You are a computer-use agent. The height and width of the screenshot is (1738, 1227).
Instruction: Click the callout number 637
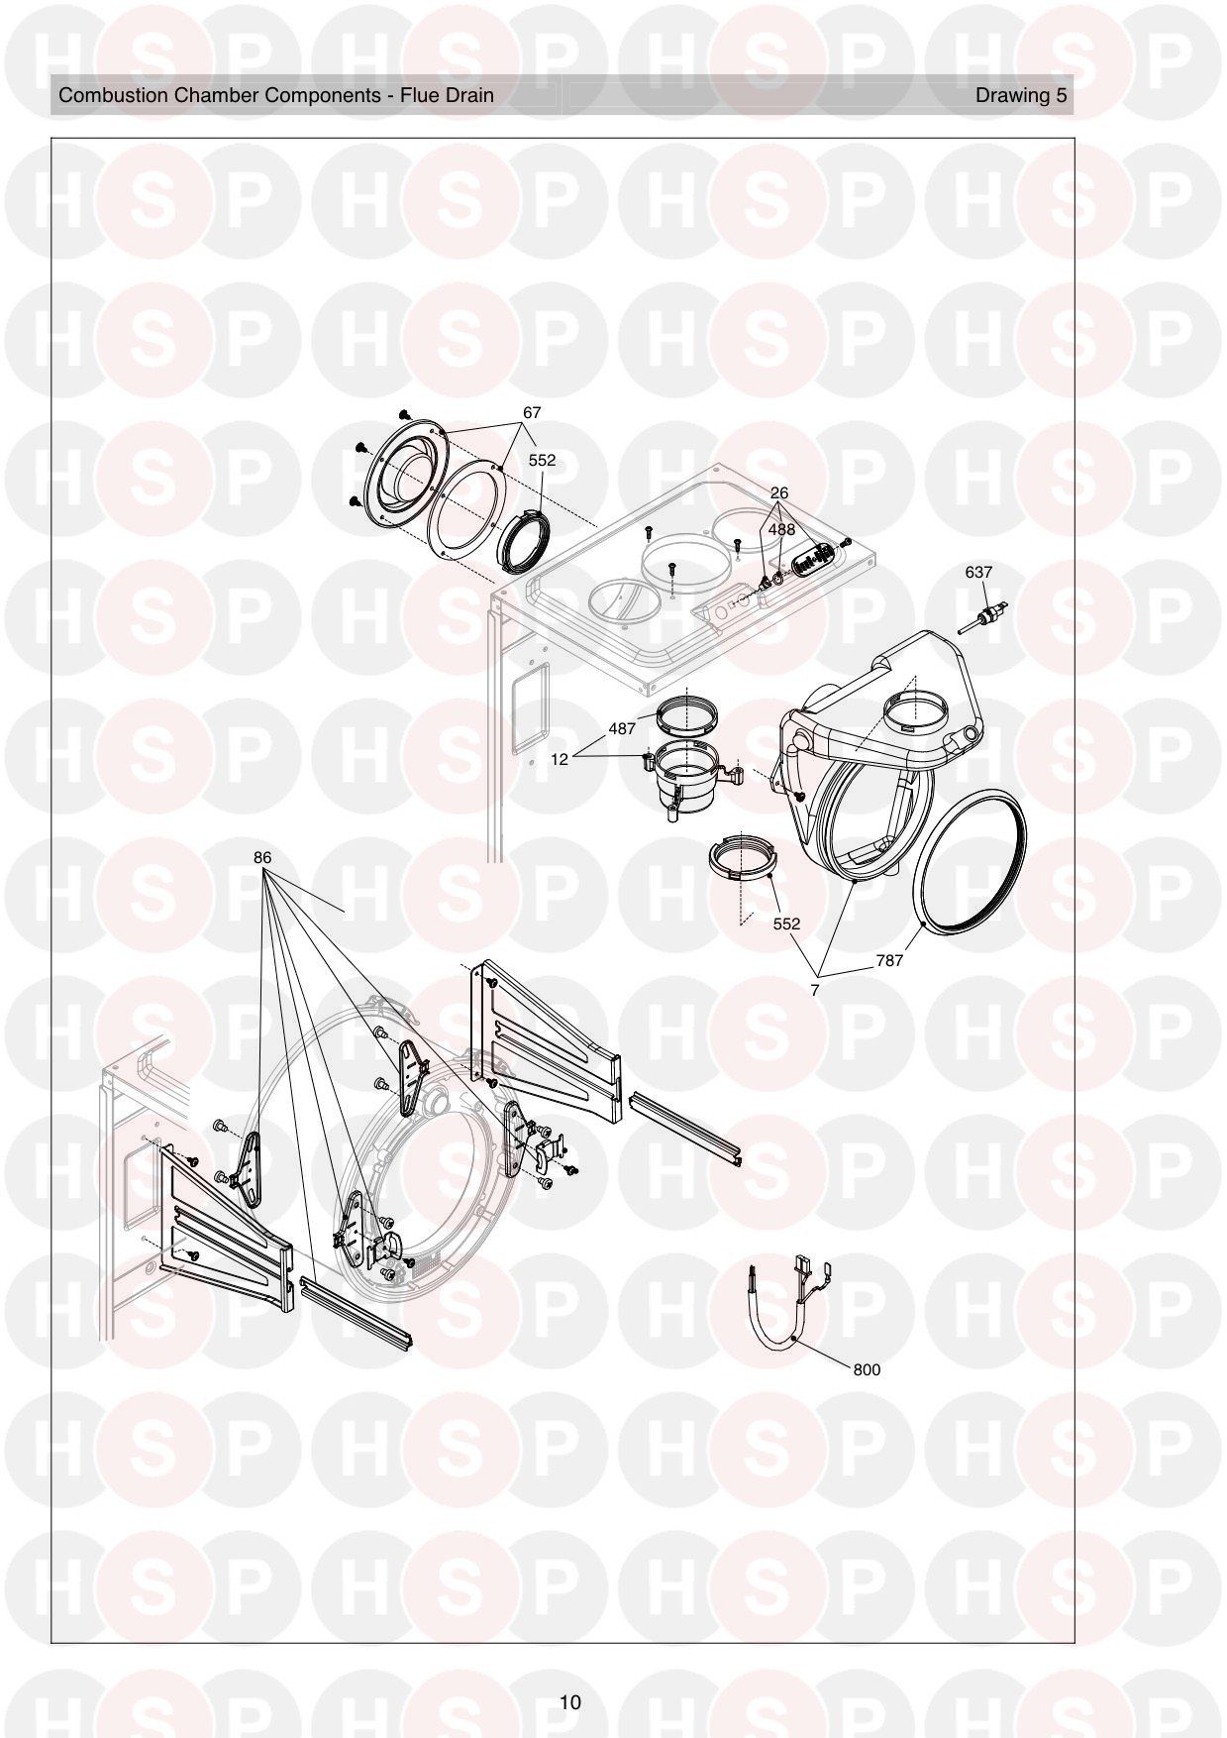click(x=977, y=572)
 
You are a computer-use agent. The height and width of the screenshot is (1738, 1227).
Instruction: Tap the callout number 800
click(x=866, y=1369)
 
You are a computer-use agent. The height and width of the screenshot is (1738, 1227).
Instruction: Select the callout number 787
click(x=889, y=960)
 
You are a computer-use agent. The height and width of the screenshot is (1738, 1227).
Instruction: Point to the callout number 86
click(x=262, y=857)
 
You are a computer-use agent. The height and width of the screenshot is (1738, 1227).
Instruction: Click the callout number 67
click(x=532, y=412)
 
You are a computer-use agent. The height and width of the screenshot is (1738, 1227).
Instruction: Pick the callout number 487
click(x=622, y=728)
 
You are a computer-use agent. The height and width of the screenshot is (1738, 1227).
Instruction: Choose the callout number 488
click(x=781, y=529)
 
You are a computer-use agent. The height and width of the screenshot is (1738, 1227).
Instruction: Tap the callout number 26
click(x=779, y=492)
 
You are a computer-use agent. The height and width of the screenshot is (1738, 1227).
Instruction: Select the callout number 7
click(x=814, y=990)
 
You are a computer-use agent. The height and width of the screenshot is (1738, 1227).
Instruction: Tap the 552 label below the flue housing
click(x=786, y=923)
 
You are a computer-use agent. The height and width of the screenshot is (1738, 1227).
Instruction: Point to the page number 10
click(x=569, y=1702)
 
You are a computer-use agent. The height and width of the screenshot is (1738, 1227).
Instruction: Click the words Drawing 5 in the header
click(x=1021, y=95)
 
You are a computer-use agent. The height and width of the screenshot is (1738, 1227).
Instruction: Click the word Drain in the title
click(x=469, y=95)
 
